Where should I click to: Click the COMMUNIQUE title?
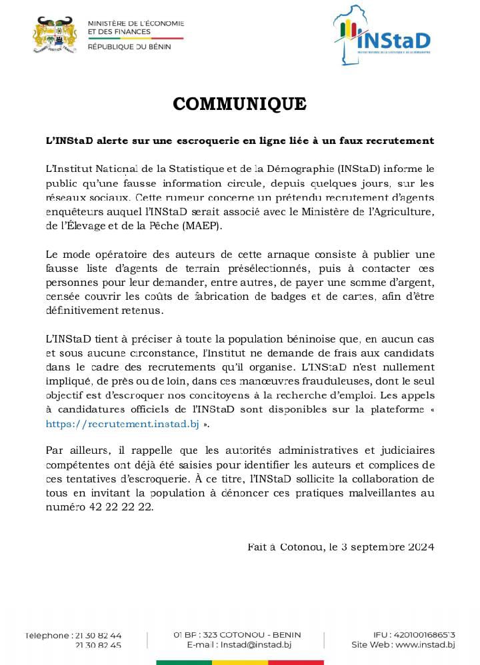(x=239, y=104)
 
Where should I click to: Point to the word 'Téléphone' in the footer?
(x=46, y=636)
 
